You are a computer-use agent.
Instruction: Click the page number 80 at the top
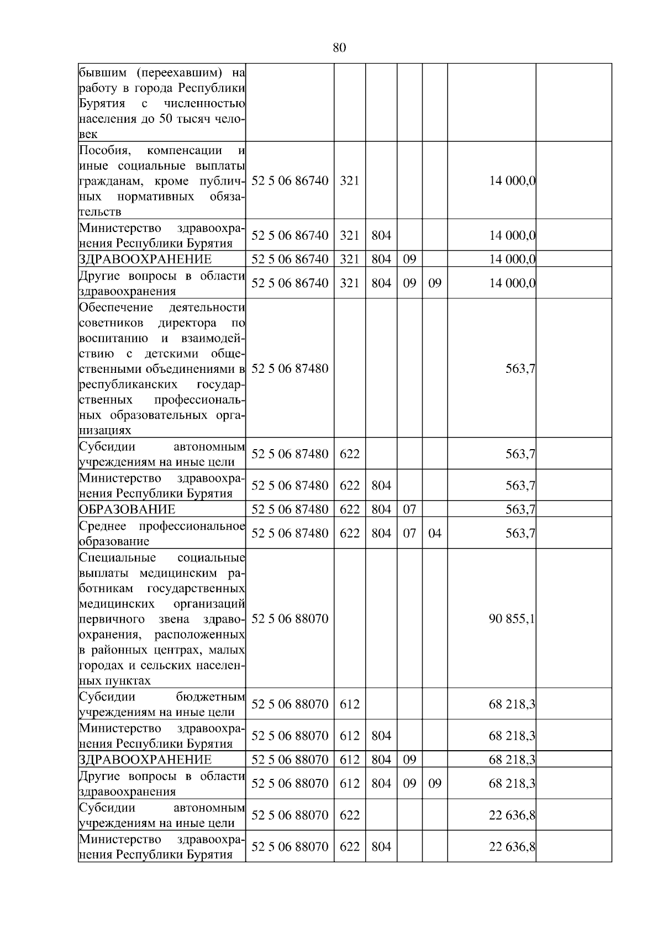[x=339, y=48]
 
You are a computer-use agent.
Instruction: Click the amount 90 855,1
[x=512, y=619]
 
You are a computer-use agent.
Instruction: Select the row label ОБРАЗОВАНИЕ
[x=127, y=509]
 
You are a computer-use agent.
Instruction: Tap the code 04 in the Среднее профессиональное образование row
[x=435, y=534]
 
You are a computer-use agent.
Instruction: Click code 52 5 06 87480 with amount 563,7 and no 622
[x=290, y=368]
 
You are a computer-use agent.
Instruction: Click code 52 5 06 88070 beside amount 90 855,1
[x=290, y=619]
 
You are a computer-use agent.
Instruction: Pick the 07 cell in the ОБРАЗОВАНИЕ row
[x=409, y=509]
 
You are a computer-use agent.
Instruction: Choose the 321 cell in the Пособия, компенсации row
[x=349, y=181]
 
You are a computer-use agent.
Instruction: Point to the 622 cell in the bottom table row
[x=349, y=847]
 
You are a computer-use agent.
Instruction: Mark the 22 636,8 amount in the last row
[x=512, y=847]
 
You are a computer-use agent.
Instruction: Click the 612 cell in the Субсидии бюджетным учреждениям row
[x=349, y=704]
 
